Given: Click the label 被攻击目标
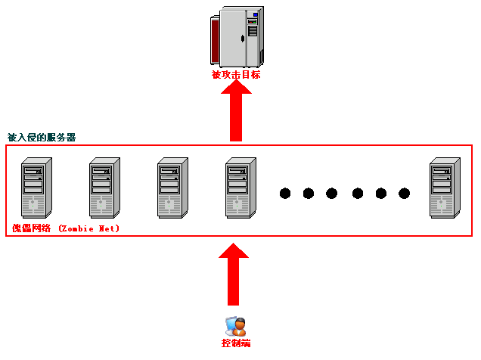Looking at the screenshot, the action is click(x=236, y=75).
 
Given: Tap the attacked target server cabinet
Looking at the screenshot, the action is click(x=237, y=37).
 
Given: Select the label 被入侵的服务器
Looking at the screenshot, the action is click(x=42, y=138).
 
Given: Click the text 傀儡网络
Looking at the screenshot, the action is click(x=31, y=228).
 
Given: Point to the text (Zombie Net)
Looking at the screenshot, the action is click(x=88, y=228).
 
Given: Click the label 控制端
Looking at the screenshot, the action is click(x=236, y=343).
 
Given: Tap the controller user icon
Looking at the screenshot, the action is click(x=236, y=327).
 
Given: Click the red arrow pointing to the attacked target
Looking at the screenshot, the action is click(x=236, y=110).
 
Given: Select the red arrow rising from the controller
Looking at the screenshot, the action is click(x=234, y=275).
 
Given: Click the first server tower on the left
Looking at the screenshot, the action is click(x=36, y=188).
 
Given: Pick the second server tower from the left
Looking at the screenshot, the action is click(x=104, y=188).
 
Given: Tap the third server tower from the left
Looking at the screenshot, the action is click(x=172, y=188).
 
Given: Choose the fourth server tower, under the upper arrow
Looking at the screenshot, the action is click(x=240, y=188).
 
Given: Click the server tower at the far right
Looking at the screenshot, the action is click(x=445, y=188).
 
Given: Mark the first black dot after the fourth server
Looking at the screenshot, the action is click(x=285, y=194).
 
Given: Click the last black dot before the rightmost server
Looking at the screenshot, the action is click(x=404, y=194).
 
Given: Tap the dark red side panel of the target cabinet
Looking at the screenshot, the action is click(x=215, y=41).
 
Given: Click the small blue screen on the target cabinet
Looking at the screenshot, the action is click(x=255, y=14).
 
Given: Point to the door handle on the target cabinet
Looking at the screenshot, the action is click(x=242, y=39).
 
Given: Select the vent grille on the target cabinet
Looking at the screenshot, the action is click(x=253, y=31).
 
